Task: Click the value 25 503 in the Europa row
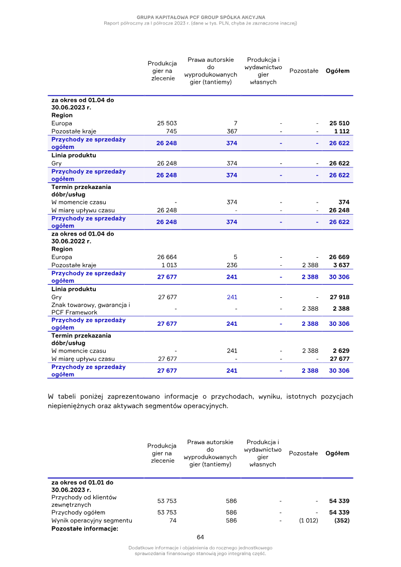pyautogui.click(x=167, y=123)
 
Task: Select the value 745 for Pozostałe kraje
pyautogui.click(x=171, y=131)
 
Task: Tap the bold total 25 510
pyautogui.click(x=339, y=123)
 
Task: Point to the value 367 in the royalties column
pyautogui.click(x=232, y=131)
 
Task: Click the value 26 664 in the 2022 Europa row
pyautogui.click(x=167, y=257)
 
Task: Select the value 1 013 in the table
pyautogui.click(x=168, y=265)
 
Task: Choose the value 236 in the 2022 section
pyautogui.click(x=232, y=265)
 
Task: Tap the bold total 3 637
pyautogui.click(x=340, y=265)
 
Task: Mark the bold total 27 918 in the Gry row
pyautogui.click(x=339, y=297)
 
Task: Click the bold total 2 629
pyautogui.click(x=340, y=351)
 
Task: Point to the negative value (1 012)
pyautogui.click(x=308, y=520)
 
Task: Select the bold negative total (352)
pyautogui.click(x=341, y=520)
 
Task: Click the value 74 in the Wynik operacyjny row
pyautogui.click(x=173, y=520)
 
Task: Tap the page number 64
pyautogui.click(x=200, y=537)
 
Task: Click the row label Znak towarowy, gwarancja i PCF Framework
pyautogui.click(x=91, y=309)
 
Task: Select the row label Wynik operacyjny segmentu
pyautogui.click(x=91, y=520)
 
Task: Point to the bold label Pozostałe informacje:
pyautogui.click(x=84, y=528)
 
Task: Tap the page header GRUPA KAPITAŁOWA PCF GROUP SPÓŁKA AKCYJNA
pyautogui.click(x=200, y=17)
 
